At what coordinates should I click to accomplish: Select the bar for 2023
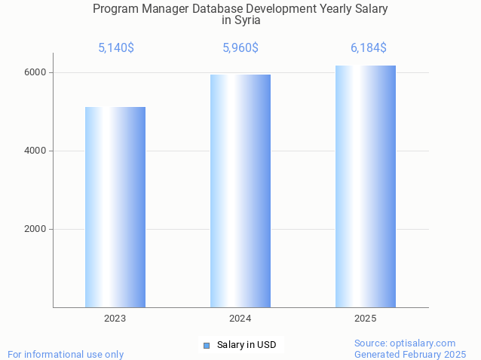click(115, 207)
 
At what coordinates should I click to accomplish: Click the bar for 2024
click(240, 191)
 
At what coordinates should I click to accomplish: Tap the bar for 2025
click(366, 186)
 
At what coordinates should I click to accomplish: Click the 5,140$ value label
click(116, 48)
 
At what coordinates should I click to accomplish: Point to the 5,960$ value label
click(240, 48)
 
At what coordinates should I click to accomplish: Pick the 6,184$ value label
click(369, 48)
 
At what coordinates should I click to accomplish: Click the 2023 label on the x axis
click(115, 319)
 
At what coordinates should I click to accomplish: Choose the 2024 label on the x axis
click(240, 319)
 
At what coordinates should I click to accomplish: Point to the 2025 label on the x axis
click(366, 319)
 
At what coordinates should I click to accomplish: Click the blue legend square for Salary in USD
click(206, 345)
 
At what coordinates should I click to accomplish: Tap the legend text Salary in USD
click(247, 345)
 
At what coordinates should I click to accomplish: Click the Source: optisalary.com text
click(405, 343)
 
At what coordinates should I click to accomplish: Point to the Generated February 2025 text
click(410, 354)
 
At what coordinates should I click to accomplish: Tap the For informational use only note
click(66, 354)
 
